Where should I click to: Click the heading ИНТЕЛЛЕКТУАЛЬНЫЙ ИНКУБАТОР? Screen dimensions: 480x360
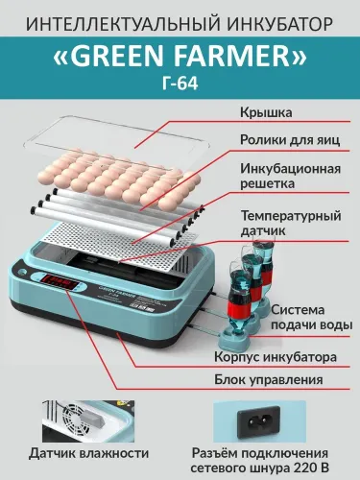180,20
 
